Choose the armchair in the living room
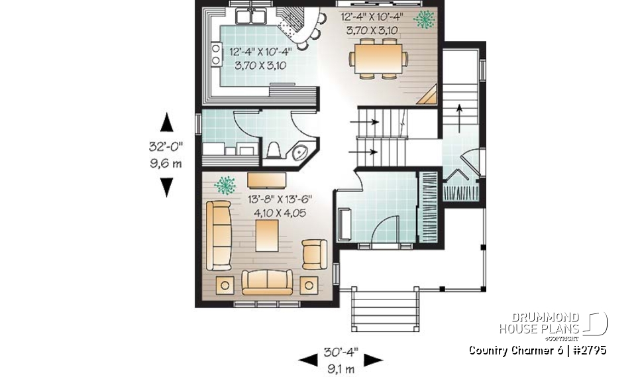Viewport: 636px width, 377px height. (x=313, y=254)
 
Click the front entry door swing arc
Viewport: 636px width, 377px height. (x=384, y=232)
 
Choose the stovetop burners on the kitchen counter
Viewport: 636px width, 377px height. (x=216, y=54)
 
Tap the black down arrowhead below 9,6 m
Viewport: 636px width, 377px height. (x=167, y=188)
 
